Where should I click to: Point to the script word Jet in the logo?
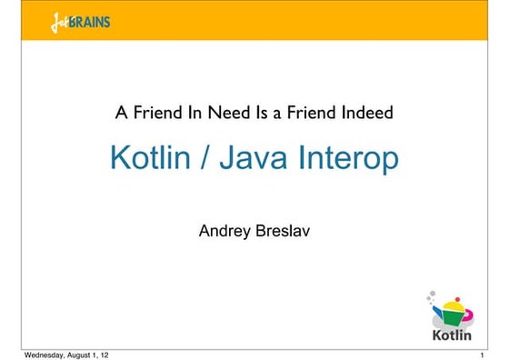[x=60, y=21]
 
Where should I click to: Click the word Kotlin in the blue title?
[x=148, y=158]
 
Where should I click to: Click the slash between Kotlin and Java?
[x=201, y=158]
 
